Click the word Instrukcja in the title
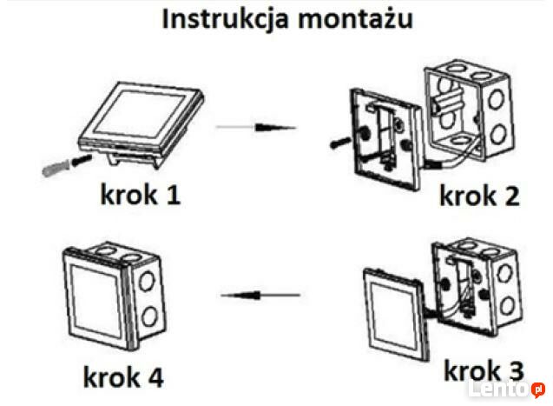(x=223, y=21)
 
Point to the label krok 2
(x=478, y=196)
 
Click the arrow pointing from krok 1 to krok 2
(x=256, y=128)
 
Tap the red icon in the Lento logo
(x=538, y=388)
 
